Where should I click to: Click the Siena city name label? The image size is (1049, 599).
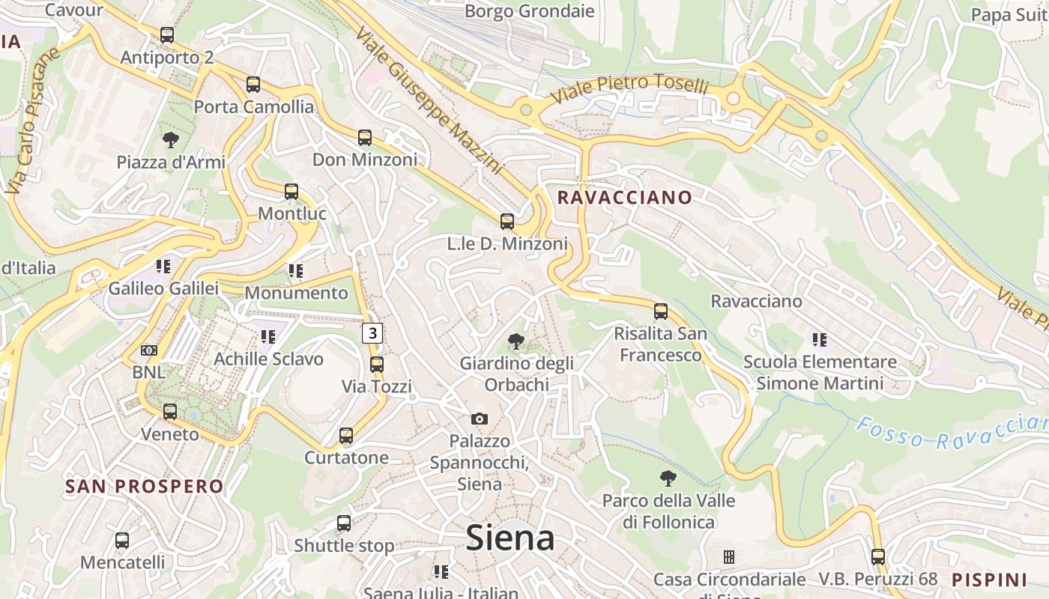[510, 538]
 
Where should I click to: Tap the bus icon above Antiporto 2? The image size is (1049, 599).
[167, 35]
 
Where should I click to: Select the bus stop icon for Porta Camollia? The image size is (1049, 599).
[253, 85]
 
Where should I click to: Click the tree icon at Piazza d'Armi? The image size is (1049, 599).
[171, 139]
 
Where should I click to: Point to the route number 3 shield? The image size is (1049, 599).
[372, 332]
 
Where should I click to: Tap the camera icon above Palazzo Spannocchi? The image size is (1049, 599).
[480, 419]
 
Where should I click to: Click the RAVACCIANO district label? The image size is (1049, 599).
[625, 198]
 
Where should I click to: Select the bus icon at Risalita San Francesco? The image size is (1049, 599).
[661, 311]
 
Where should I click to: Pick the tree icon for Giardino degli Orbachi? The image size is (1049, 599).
[516, 342]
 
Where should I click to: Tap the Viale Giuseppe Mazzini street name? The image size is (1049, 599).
[428, 101]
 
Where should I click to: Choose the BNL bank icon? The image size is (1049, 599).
[149, 350]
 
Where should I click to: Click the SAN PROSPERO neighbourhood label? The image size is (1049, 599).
[145, 487]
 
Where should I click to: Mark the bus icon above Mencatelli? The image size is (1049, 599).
[122, 540]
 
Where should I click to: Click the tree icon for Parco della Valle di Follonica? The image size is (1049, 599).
[668, 478]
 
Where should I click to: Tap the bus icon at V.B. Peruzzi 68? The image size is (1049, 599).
[878, 557]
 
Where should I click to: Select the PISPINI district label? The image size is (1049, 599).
[989, 580]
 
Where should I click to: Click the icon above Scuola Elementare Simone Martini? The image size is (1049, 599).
[820, 340]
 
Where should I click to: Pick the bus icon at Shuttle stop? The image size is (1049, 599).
[344, 523]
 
